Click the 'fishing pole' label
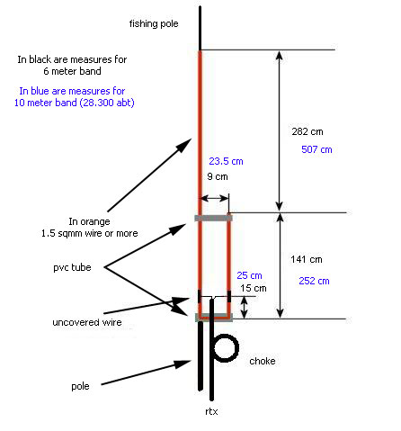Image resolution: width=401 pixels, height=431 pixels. pos(154,23)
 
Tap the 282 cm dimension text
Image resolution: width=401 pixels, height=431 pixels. pos(307,131)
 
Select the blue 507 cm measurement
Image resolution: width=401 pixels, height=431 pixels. pos(316,149)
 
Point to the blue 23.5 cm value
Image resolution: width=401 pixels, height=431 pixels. pos(226,161)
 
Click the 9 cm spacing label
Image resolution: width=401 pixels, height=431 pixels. pos(218,176)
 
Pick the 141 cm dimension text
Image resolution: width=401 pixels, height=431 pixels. pos(307,259)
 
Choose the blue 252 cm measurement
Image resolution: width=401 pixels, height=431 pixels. pos(314,281)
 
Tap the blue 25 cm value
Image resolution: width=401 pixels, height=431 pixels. pos(249,275)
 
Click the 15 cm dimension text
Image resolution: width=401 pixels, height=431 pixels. pos(254,288)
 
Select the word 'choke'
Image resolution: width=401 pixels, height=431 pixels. pos(263,361)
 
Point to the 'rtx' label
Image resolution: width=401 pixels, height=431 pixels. pos(211,411)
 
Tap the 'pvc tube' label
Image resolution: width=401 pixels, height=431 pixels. pos(72,267)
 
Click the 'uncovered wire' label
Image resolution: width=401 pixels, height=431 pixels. pos(87,322)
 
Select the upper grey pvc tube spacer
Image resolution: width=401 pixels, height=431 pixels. pos(213,218)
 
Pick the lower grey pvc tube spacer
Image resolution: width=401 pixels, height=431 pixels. pos(213,317)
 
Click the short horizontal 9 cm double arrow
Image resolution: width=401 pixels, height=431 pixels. pos(215,198)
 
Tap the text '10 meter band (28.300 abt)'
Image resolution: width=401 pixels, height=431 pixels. pos(75,103)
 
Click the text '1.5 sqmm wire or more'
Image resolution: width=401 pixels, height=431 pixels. pos(90,233)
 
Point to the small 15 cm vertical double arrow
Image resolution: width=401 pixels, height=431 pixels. pos(245,308)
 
